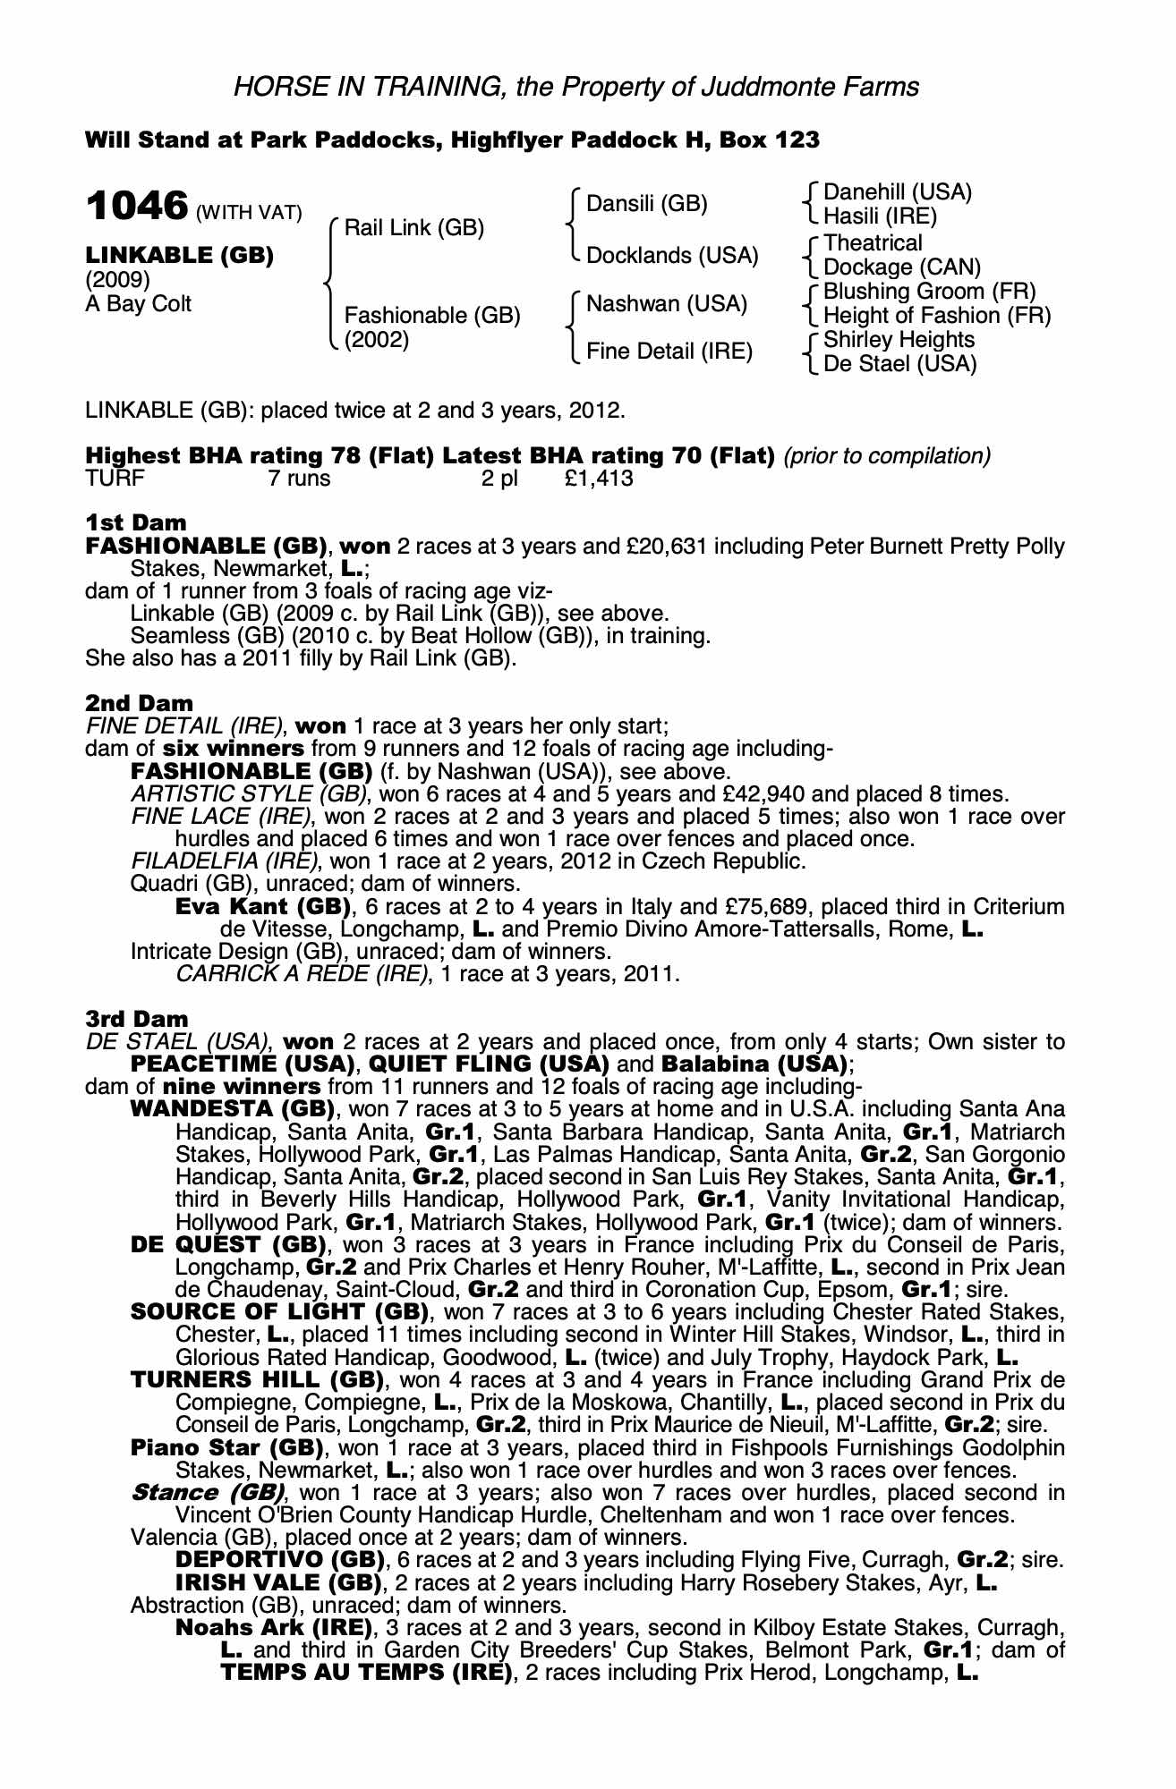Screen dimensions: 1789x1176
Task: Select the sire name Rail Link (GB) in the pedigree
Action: (x=413, y=227)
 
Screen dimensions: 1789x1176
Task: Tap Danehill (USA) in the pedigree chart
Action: (x=897, y=192)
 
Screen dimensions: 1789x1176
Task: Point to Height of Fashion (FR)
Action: (x=936, y=316)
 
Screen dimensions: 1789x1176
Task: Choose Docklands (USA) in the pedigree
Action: (x=671, y=256)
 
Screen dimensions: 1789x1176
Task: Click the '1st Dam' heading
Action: (x=136, y=522)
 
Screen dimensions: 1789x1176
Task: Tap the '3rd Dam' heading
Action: (x=137, y=1019)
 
